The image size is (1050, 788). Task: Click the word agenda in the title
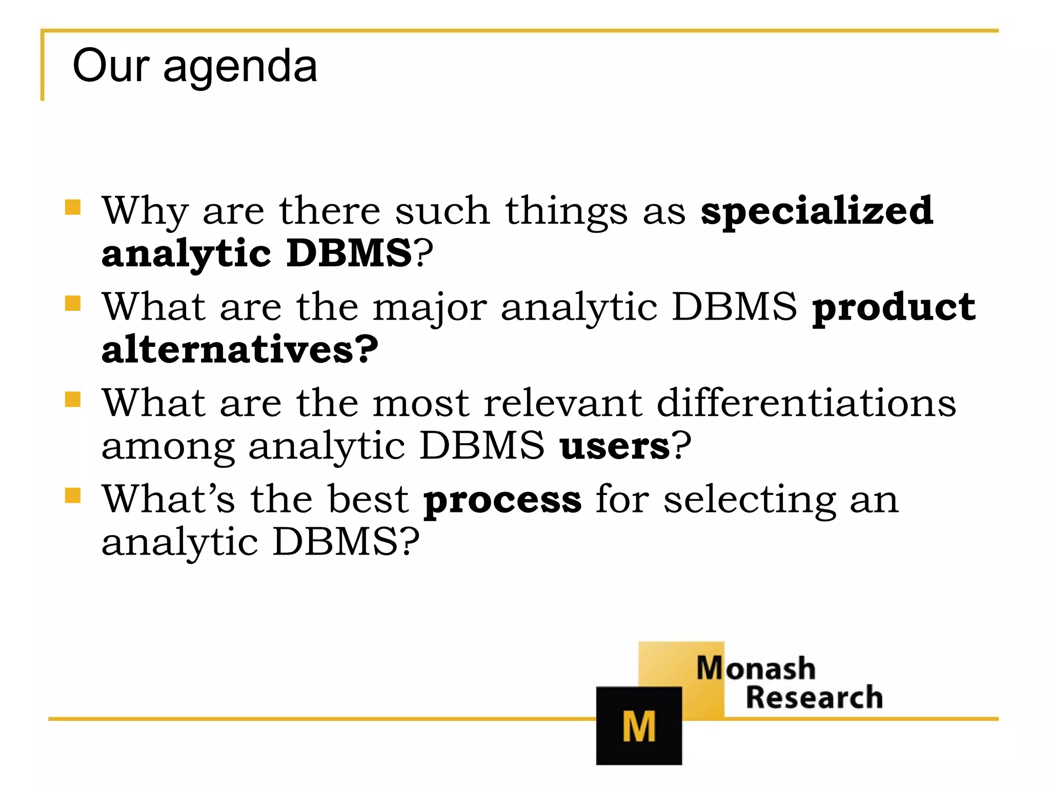pos(240,68)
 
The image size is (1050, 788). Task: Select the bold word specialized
pos(817,211)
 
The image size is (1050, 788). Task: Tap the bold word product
pos(894,308)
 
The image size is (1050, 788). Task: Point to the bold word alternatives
pos(239,350)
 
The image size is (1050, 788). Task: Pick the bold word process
pos(502,500)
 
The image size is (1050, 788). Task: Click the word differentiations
pos(806,403)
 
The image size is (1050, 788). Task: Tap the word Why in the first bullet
pos(145,211)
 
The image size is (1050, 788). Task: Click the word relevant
pos(562,403)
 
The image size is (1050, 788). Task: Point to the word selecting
pos(750,500)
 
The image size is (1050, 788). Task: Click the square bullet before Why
pos(73,207)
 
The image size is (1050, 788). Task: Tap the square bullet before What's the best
pos(73,496)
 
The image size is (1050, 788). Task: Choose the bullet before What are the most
pos(73,399)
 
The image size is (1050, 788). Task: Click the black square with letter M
pos(639,725)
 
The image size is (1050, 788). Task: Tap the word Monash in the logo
pos(756,668)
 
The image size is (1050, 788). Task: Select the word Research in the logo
pos(814,698)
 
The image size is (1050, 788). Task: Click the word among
pos(168,446)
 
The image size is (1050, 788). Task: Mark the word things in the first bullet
pos(566,211)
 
